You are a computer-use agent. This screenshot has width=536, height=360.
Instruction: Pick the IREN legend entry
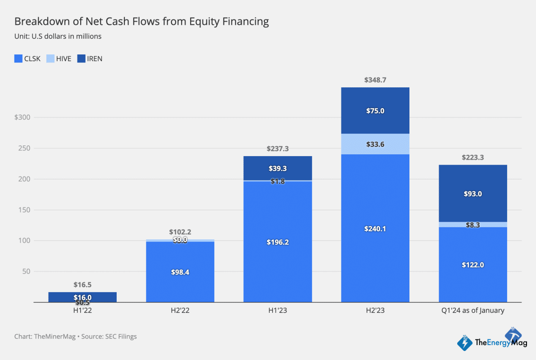tap(90, 58)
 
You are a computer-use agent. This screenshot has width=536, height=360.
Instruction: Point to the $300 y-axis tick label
tap(22, 117)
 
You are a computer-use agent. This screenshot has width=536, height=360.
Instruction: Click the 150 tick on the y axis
tap(24, 210)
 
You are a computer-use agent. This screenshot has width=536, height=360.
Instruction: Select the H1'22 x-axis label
tap(82, 310)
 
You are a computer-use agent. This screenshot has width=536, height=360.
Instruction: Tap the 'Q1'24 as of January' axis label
tap(473, 310)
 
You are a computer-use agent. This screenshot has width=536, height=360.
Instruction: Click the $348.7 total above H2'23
tap(375, 80)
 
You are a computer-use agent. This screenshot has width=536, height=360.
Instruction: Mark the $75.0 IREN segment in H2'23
tap(375, 111)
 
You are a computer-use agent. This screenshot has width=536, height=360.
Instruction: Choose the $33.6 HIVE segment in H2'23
tap(375, 144)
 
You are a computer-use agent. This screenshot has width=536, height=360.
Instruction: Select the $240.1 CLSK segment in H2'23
tap(375, 229)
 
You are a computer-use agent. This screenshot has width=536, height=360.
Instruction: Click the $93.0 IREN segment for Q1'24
tap(473, 194)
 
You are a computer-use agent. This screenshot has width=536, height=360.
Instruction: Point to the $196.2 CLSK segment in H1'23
tap(277, 242)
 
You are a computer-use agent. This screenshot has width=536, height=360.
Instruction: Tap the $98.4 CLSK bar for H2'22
tap(180, 272)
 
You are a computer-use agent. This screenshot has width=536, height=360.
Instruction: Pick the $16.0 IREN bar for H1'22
tap(82, 297)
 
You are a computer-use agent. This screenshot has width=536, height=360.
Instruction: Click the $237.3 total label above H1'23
tap(277, 148)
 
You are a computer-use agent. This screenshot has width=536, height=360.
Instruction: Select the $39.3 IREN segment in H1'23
tap(277, 168)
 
